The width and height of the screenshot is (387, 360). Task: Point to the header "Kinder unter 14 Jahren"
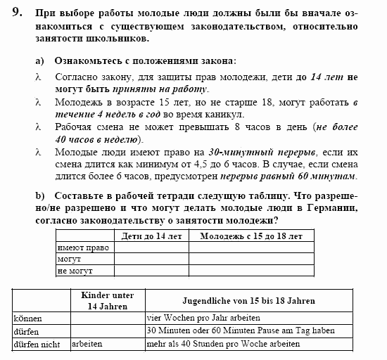click(x=108, y=301)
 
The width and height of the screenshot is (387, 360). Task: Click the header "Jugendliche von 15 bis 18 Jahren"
click(x=248, y=301)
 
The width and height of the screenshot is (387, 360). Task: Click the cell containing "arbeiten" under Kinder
click(x=87, y=345)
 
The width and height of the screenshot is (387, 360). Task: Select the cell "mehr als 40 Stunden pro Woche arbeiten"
click(x=223, y=345)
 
